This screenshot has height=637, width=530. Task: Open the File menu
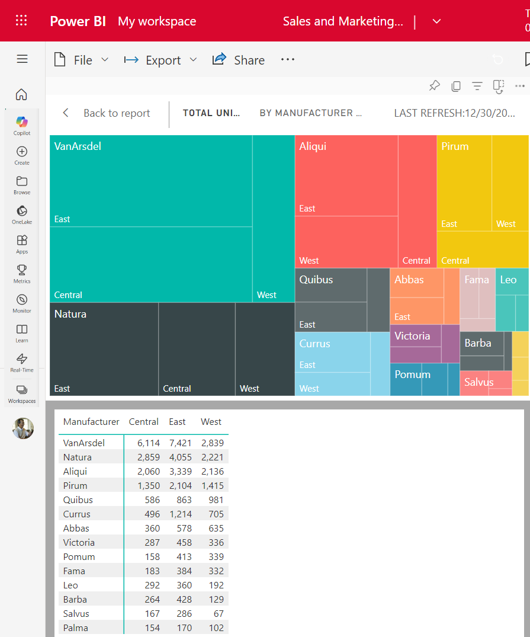coord(82,60)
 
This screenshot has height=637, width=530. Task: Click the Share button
coord(239,60)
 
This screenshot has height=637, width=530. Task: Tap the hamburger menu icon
coord(22,59)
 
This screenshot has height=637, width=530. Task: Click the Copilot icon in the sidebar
coord(22,124)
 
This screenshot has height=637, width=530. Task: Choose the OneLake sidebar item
coord(22,214)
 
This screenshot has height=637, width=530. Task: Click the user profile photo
coord(23,428)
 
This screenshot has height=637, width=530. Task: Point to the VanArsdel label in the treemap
coord(78,146)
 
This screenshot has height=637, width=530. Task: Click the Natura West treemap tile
coord(265,350)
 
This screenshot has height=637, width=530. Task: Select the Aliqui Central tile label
coord(416,261)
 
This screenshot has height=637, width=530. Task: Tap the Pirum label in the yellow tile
coord(455,146)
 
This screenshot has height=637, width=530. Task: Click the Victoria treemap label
coord(412,336)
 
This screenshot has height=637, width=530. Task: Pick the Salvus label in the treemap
coord(478,382)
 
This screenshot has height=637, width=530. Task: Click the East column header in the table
coord(177,422)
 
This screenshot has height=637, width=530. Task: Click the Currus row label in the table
coord(77,514)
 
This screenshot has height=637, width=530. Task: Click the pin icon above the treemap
coord(435,86)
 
